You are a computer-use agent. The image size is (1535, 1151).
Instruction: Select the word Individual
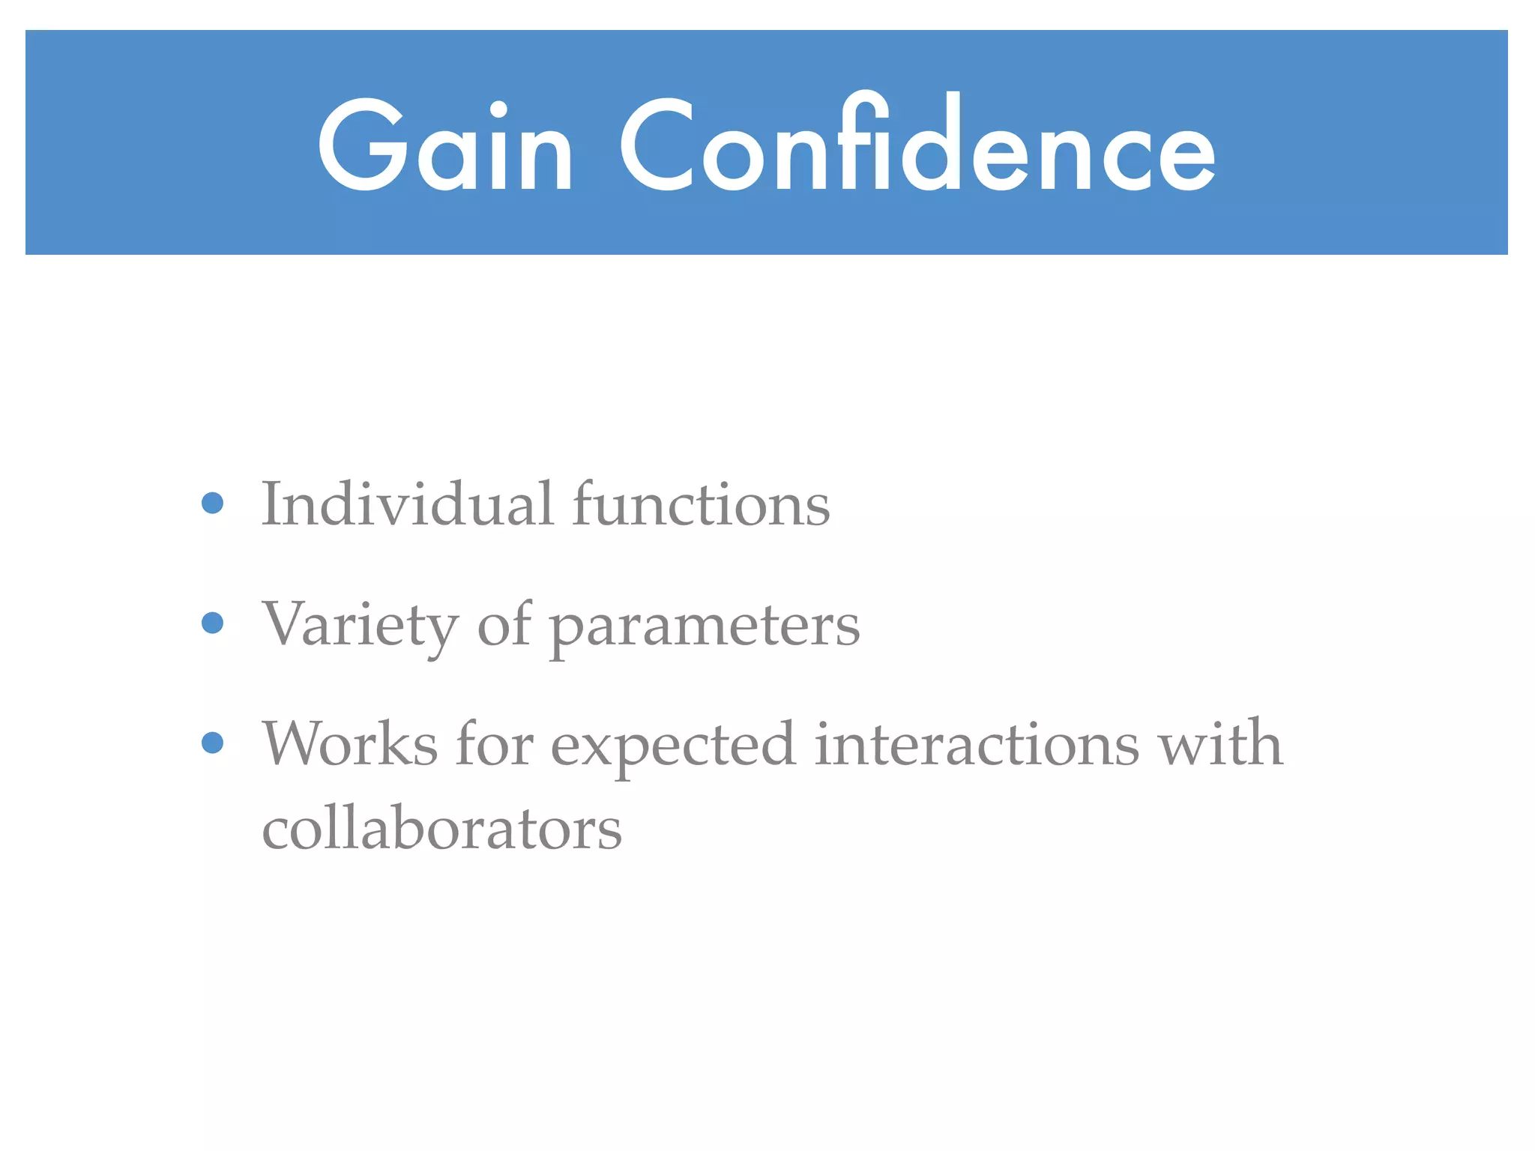pyautogui.click(x=407, y=504)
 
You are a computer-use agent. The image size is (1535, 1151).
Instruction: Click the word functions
pyautogui.click(x=701, y=504)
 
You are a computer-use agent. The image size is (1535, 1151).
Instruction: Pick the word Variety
pyautogui.click(x=360, y=625)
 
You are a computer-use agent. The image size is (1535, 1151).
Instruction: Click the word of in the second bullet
pyautogui.click(x=504, y=623)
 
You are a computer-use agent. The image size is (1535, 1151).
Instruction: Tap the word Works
pyautogui.click(x=350, y=743)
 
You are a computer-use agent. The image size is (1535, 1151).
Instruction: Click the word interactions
pyautogui.click(x=977, y=743)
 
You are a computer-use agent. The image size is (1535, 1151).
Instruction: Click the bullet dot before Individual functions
pyautogui.click(x=213, y=503)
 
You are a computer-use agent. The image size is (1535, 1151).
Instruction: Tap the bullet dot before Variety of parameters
pyautogui.click(x=213, y=623)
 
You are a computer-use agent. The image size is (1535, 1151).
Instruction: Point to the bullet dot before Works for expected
pyautogui.click(x=213, y=743)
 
